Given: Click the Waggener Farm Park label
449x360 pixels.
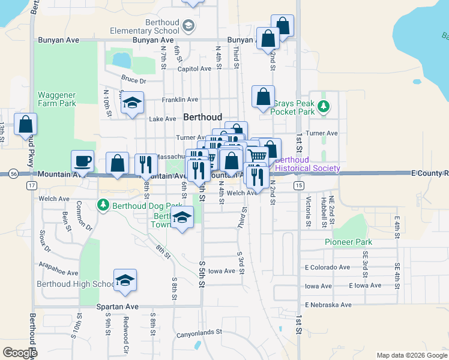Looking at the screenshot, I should click(x=57, y=99).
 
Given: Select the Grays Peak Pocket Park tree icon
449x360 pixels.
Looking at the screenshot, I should click(x=324, y=107).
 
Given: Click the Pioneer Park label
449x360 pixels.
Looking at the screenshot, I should click(x=348, y=242).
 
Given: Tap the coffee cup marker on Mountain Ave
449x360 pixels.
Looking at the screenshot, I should click(x=83, y=161).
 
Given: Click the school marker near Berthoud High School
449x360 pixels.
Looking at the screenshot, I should click(x=125, y=281).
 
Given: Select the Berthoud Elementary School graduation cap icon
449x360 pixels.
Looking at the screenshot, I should click(x=188, y=25).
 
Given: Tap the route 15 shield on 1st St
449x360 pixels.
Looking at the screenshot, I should click(x=298, y=185).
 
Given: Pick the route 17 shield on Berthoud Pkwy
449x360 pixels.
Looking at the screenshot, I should click(x=29, y=185).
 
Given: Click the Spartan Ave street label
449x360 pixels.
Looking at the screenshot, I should click(x=118, y=307).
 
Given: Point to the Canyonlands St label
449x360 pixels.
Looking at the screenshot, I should click(x=199, y=331).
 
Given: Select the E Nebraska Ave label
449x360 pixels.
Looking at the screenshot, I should click(x=328, y=305).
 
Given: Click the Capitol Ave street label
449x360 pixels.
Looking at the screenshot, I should click(x=194, y=68).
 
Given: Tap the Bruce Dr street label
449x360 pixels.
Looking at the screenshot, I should click(x=133, y=79).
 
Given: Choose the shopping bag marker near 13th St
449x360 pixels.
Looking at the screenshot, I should click(x=25, y=125).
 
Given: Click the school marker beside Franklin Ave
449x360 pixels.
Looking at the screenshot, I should click(x=132, y=102).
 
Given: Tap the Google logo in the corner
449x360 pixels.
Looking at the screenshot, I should click(x=20, y=353).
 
